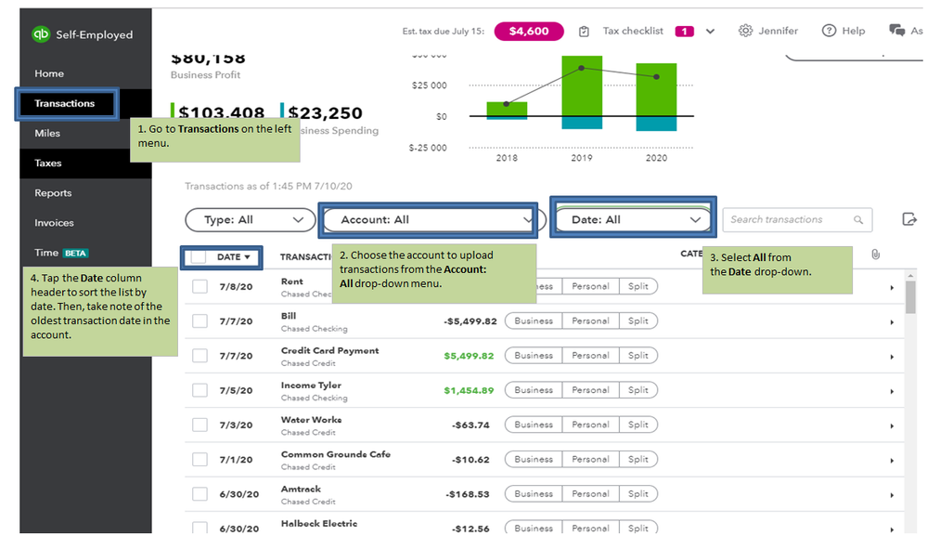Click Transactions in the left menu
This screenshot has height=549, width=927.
65,103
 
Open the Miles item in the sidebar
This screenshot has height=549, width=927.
48,133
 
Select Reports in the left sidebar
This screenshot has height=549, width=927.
53,193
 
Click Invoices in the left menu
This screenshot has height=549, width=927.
54,223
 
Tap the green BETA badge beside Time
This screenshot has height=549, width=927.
75,253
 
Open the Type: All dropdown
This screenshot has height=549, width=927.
249,220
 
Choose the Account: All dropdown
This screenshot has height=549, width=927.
429,220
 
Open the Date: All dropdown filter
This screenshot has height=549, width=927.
633,220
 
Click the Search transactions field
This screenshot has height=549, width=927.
789,220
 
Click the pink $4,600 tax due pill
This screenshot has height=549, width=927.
528,31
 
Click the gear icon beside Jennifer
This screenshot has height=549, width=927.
745,31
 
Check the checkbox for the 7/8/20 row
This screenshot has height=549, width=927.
200,286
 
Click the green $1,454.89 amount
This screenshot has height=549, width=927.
470,390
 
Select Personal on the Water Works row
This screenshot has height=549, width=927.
590,425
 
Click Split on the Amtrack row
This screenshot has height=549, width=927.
638,494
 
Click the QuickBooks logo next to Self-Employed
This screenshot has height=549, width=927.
41,34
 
